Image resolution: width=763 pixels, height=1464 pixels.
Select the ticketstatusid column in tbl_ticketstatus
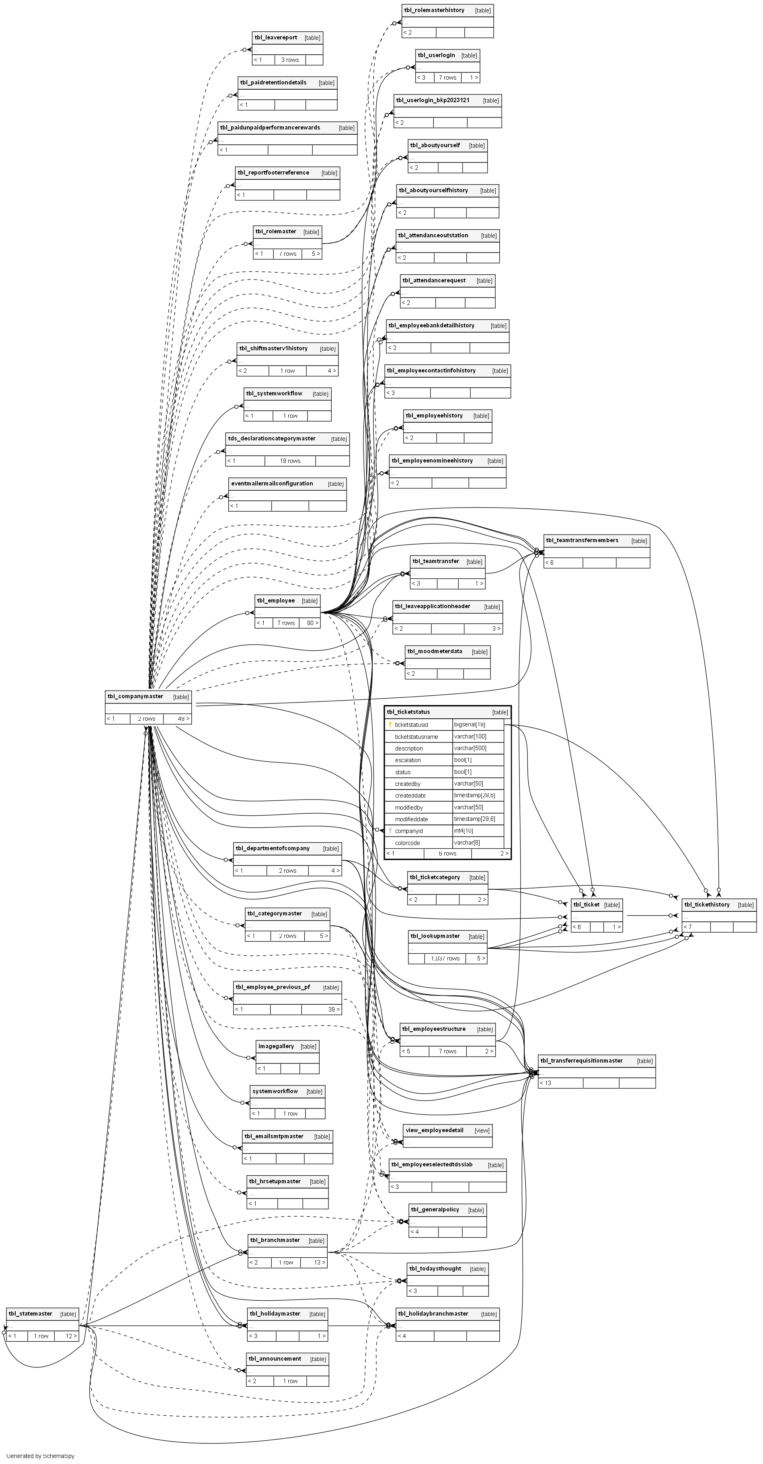pyautogui.click(x=415, y=725)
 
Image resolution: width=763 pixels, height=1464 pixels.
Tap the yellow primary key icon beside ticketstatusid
pyautogui.click(x=390, y=725)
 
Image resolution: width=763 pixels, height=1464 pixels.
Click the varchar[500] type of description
pyautogui.click(x=470, y=748)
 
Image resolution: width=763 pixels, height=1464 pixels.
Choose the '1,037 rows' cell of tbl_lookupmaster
pyautogui.click(x=445, y=958)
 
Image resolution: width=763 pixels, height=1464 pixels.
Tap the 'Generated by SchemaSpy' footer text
pyautogui.click(x=40, y=1456)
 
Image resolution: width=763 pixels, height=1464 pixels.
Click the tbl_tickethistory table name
pyautogui.click(x=707, y=904)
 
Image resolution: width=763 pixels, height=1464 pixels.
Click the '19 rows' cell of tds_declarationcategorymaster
pyautogui.click(x=290, y=461)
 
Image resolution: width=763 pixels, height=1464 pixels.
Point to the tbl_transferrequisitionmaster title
pyautogui.click(x=581, y=1061)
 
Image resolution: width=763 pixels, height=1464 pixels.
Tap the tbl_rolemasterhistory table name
pyautogui.click(x=434, y=10)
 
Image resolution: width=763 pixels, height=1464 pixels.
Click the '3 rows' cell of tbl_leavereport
pyautogui.click(x=290, y=60)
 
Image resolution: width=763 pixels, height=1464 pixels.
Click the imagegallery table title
pyautogui.click(x=276, y=1046)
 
